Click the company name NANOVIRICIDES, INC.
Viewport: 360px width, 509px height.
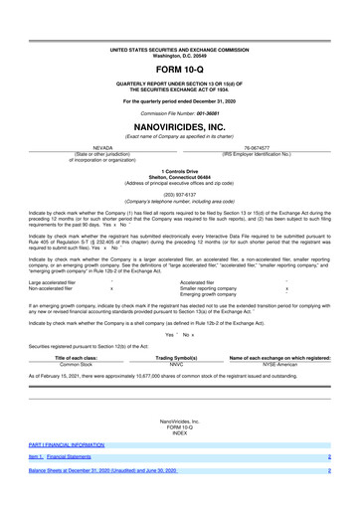tap(179, 128)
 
